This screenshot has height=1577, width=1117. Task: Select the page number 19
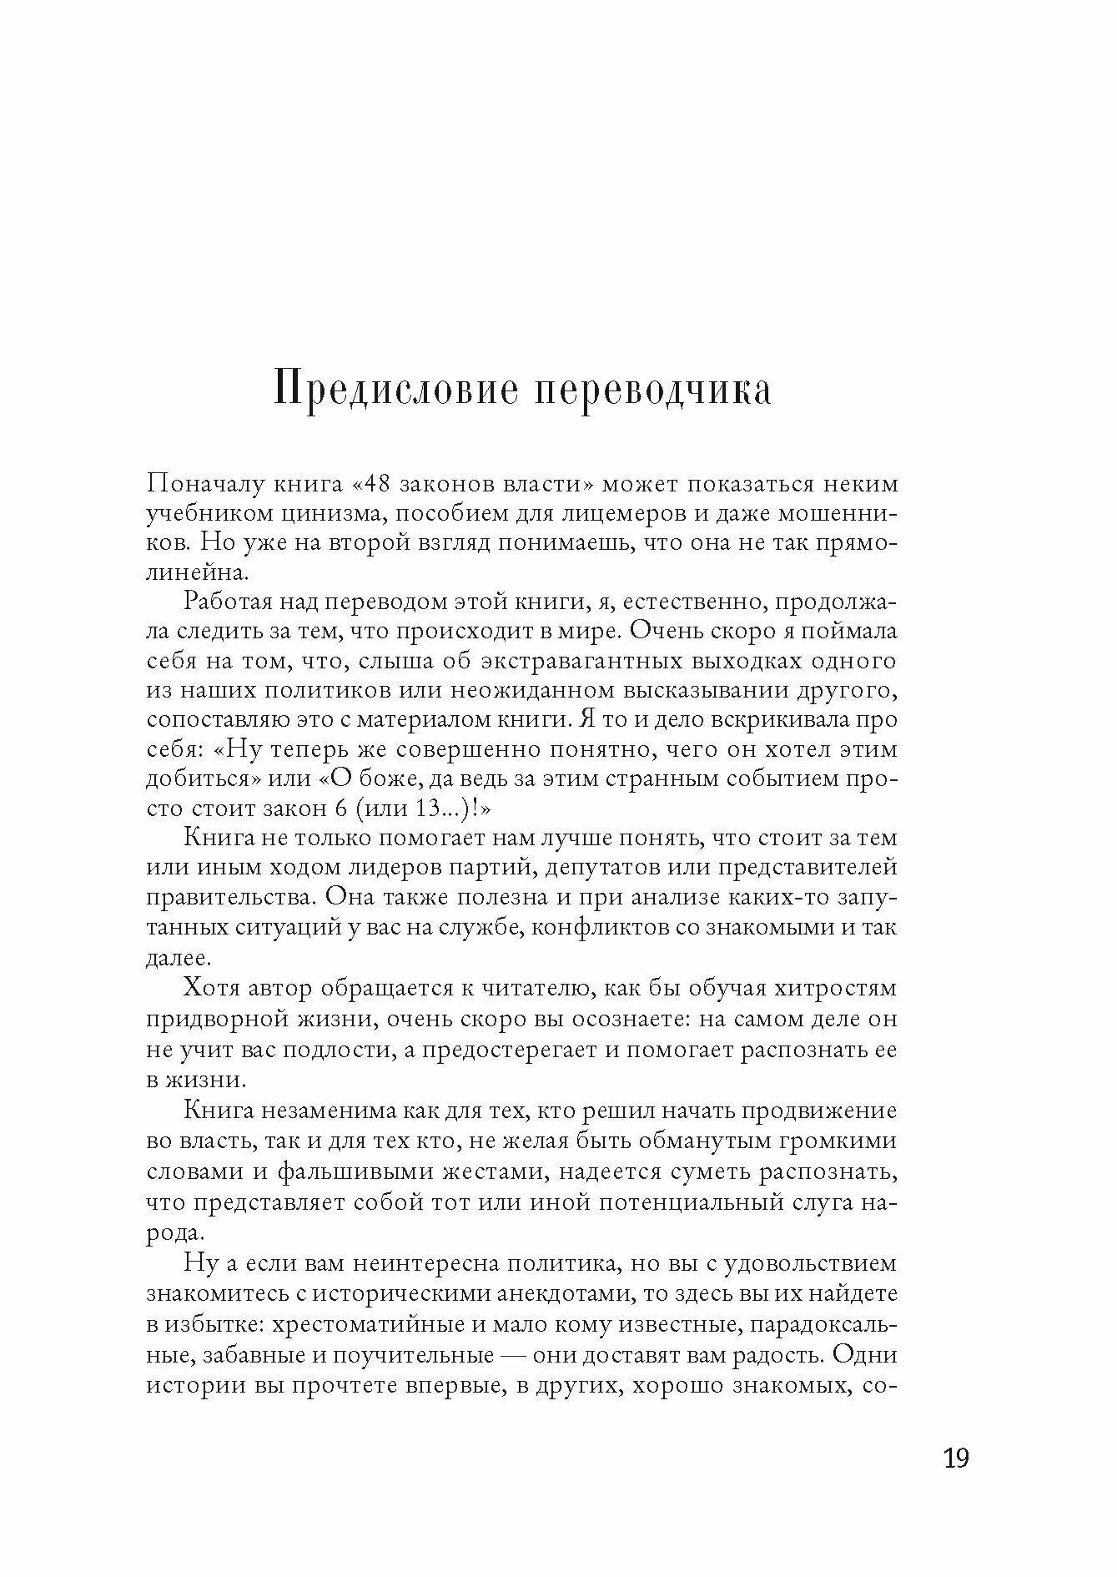tap(955, 1459)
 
